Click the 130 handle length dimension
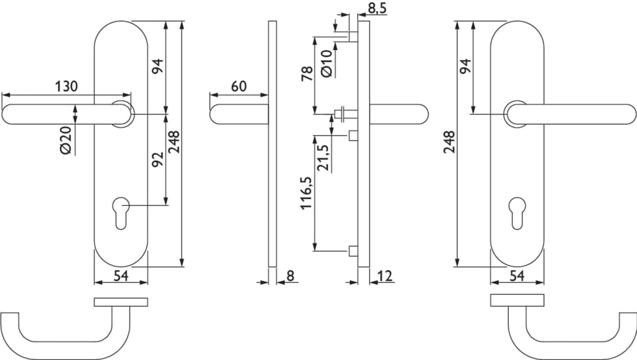(x=66, y=86)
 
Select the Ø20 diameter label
(x=66, y=140)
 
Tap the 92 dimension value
(x=158, y=159)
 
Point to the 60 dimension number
(x=239, y=86)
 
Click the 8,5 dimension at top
(x=377, y=8)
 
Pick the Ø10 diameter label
(x=327, y=63)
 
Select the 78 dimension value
(x=307, y=73)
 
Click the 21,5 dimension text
(x=323, y=157)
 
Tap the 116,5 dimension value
(x=307, y=193)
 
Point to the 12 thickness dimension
(x=385, y=276)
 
